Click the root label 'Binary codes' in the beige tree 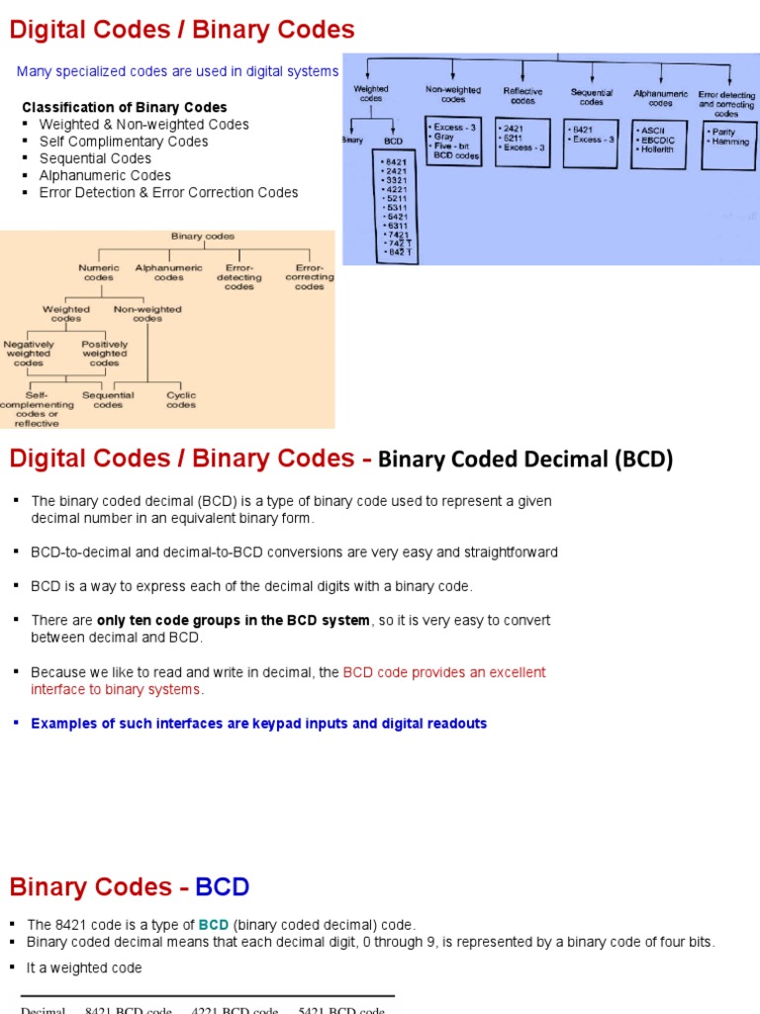[203, 237]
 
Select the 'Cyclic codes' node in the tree [181, 400]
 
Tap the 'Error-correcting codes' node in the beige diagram [309, 277]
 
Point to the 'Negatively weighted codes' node [29, 354]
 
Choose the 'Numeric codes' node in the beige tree [99, 272]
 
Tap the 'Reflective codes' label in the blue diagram [522, 96]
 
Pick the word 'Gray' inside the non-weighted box [444, 138]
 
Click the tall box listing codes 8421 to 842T [395, 206]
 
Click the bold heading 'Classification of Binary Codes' [125, 107]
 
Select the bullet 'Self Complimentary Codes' [124, 142]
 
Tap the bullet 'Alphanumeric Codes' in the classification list [105, 175]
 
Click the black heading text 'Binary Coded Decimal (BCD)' [525, 458]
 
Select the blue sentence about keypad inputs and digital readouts [259, 723]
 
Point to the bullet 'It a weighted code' [85, 967]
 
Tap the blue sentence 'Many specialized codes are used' [177, 71]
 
